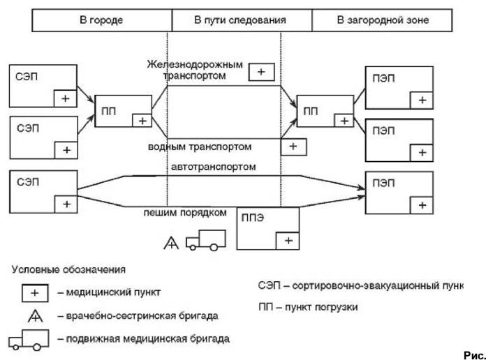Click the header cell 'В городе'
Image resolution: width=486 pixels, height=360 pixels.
(x=102, y=20)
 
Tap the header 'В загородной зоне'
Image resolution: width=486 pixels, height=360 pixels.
(x=382, y=20)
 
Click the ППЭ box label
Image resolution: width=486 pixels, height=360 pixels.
(x=252, y=218)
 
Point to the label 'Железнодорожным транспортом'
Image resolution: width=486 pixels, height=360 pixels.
(x=195, y=70)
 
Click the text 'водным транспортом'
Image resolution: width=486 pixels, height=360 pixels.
(x=200, y=147)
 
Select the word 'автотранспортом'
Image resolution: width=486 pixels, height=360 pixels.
(x=214, y=167)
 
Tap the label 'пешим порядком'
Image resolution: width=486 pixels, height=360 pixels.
(x=185, y=213)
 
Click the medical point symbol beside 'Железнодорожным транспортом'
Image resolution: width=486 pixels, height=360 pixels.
(x=262, y=72)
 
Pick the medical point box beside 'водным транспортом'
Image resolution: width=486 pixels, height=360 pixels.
(x=293, y=147)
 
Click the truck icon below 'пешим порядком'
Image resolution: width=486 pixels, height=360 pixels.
(x=205, y=240)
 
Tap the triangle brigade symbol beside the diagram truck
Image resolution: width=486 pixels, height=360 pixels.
(x=171, y=243)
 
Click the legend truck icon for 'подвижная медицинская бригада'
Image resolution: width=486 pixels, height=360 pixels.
(x=29, y=340)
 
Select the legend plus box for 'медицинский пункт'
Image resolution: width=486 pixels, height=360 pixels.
(x=35, y=293)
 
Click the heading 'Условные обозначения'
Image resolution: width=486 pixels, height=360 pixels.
(x=68, y=269)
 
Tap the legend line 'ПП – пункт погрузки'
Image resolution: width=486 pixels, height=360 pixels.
(x=308, y=307)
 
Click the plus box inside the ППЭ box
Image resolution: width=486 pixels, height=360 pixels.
(x=288, y=241)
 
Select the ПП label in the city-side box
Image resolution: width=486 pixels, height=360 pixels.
(x=108, y=111)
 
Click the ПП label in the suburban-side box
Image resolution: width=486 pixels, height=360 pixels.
(x=311, y=111)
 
